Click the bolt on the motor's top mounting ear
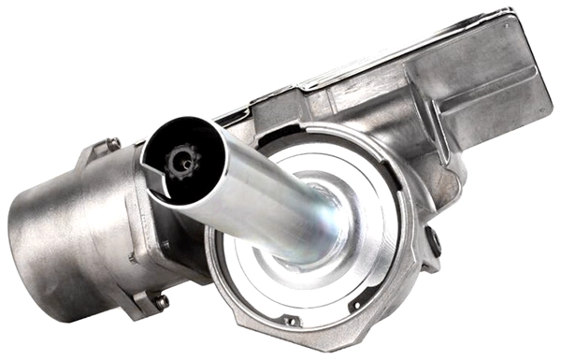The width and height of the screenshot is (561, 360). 113,144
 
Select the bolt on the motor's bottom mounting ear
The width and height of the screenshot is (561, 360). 161,301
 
